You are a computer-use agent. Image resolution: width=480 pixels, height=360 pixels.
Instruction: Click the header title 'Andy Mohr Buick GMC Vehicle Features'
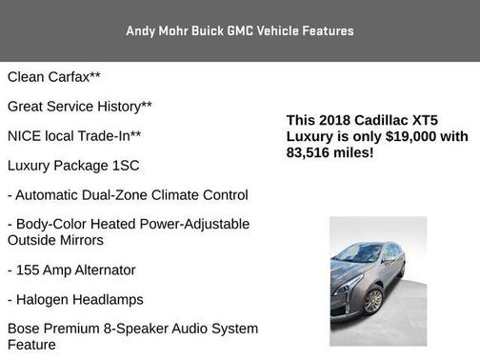(x=240, y=30)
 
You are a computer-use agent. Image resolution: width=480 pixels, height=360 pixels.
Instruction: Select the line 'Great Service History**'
(x=80, y=106)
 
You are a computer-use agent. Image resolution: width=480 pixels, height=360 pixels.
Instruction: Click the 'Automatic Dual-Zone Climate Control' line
(x=128, y=194)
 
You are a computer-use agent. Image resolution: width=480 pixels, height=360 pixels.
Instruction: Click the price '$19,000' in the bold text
(x=401, y=136)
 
